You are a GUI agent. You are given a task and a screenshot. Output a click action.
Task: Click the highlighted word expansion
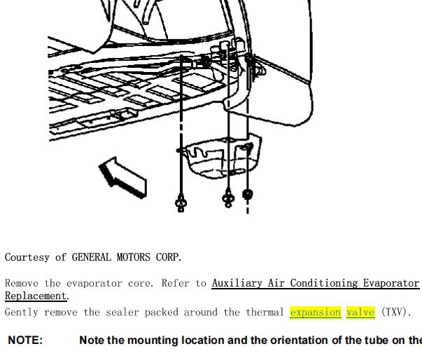(316, 312)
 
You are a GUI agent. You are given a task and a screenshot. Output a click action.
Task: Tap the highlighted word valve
(360, 312)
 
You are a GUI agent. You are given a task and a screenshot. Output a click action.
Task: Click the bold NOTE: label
(25, 340)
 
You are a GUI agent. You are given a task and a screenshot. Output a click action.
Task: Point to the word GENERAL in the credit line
(91, 257)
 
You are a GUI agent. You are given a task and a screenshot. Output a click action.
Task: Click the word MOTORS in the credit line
(133, 257)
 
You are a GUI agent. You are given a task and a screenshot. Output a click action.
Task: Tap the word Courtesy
(27, 257)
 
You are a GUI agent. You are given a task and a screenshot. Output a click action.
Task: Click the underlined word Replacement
(36, 296)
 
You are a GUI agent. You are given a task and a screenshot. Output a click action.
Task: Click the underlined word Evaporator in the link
(391, 283)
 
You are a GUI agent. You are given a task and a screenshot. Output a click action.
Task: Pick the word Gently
(22, 312)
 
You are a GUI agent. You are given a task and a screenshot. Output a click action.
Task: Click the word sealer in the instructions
(122, 312)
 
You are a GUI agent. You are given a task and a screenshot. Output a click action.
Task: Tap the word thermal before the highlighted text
(265, 312)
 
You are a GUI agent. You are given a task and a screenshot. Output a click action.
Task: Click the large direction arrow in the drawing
(122, 178)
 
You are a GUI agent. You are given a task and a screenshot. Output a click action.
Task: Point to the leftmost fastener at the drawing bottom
(181, 203)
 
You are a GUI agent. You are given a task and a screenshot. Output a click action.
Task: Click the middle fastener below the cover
(228, 199)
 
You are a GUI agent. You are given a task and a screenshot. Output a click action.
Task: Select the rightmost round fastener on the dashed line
(247, 194)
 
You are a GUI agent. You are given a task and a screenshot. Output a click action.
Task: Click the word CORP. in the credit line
(169, 257)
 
